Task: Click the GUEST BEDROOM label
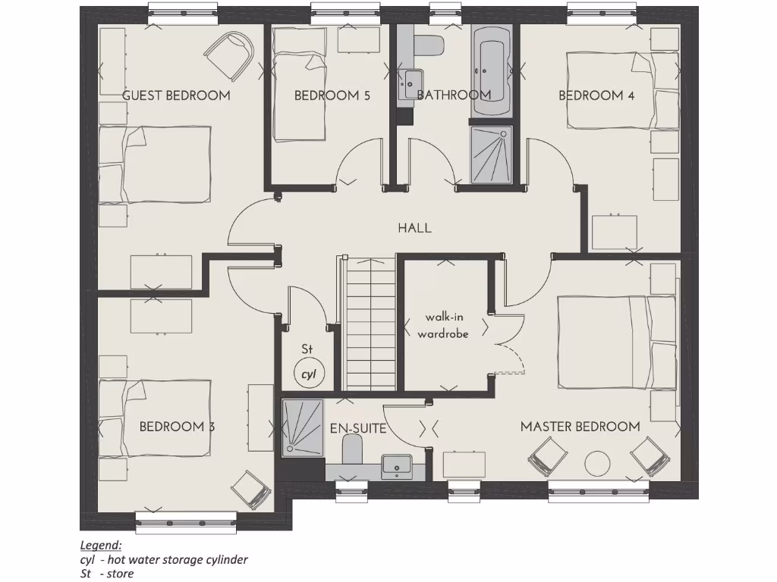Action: [x=176, y=95]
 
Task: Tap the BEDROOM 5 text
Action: [x=332, y=95]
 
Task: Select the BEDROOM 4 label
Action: [x=596, y=95]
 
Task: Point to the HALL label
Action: [x=414, y=227]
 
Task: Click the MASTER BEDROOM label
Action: [x=580, y=427]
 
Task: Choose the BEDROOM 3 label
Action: [x=177, y=427]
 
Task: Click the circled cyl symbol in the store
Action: [x=308, y=374]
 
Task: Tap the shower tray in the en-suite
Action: [x=302, y=427]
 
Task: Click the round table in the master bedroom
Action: [x=597, y=464]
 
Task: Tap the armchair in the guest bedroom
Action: [x=228, y=55]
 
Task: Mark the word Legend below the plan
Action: [x=100, y=545]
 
